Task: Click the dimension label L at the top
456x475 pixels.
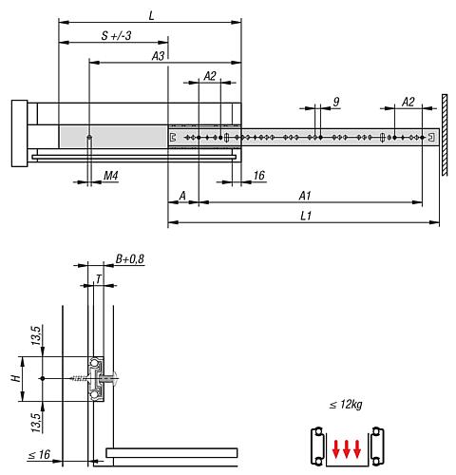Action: [x=152, y=14]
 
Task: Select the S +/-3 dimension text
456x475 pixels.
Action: [x=116, y=36]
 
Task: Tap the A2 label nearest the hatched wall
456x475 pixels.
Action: [x=408, y=101]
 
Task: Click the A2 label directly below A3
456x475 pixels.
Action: [x=210, y=77]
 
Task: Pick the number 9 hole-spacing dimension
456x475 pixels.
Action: [x=336, y=101]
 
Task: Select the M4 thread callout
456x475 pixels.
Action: [x=110, y=176]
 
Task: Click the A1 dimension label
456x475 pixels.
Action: [x=305, y=195]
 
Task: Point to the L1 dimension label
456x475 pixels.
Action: [x=305, y=217]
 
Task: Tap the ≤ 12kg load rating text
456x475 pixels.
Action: [x=345, y=405]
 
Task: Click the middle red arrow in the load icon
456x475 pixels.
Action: [x=345, y=447]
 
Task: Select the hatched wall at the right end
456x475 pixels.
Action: [x=445, y=133]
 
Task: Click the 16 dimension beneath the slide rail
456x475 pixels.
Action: [x=259, y=176]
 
